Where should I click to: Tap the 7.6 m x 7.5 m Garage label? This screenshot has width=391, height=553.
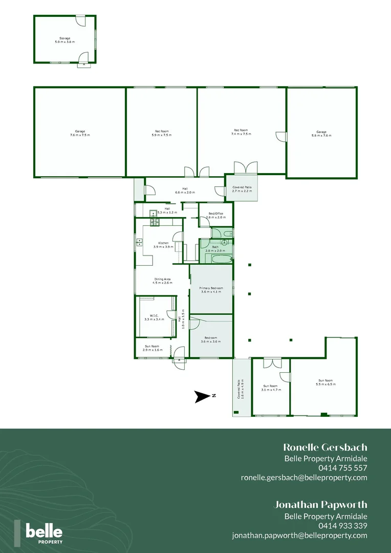(x=80, y=133)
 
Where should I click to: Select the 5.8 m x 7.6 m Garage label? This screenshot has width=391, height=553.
(x=321, y=133)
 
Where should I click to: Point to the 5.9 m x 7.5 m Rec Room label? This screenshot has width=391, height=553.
(x=162, y=133)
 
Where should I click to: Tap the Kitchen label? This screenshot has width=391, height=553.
(x=163, y=245)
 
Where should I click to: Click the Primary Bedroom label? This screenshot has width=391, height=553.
(x=210, y=290)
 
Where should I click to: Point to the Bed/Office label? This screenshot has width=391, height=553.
(x=215, y=216)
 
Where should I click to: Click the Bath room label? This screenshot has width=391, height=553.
(x=215, y=249)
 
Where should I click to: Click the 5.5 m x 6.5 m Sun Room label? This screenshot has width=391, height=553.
(x=325, y=382)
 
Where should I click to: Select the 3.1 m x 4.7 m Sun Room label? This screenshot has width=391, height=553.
(x=270, y=388)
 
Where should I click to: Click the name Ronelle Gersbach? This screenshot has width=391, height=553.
(x=325, y=448)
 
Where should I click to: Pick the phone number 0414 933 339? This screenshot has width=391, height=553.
(x=343, y=526)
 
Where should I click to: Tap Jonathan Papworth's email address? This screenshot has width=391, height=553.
(x=299, y=536)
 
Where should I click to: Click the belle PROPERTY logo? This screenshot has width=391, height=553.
(x=44, y=533)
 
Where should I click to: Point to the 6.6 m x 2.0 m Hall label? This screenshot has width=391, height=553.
(x=181, y=190)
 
